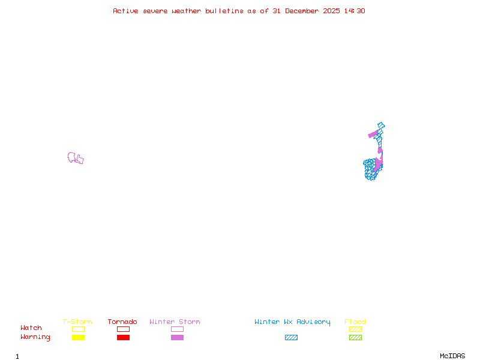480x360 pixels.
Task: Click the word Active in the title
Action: [126, 11]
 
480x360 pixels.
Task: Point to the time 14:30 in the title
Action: [354, 11]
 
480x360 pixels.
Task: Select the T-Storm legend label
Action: [77, 322]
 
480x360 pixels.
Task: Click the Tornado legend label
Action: [122, 322]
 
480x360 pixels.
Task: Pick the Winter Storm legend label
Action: [175, 322]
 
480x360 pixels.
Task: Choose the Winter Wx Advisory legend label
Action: [292, 322]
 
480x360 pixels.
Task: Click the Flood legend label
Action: [355, 322]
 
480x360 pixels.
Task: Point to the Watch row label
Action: [31, 328]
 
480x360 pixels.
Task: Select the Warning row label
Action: [35, 337]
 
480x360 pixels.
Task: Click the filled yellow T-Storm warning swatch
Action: [78, 337]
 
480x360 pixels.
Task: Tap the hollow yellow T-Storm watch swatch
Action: [78, 329]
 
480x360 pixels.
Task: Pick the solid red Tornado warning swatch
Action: [123, 337]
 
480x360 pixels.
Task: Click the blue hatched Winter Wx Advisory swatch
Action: [291, 337]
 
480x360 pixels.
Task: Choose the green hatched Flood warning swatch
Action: [355, 337]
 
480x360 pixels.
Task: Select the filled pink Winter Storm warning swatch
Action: [177, 337]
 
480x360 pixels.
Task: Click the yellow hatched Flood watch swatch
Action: [355, 329]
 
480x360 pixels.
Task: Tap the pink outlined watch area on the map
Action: [75, 158]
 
